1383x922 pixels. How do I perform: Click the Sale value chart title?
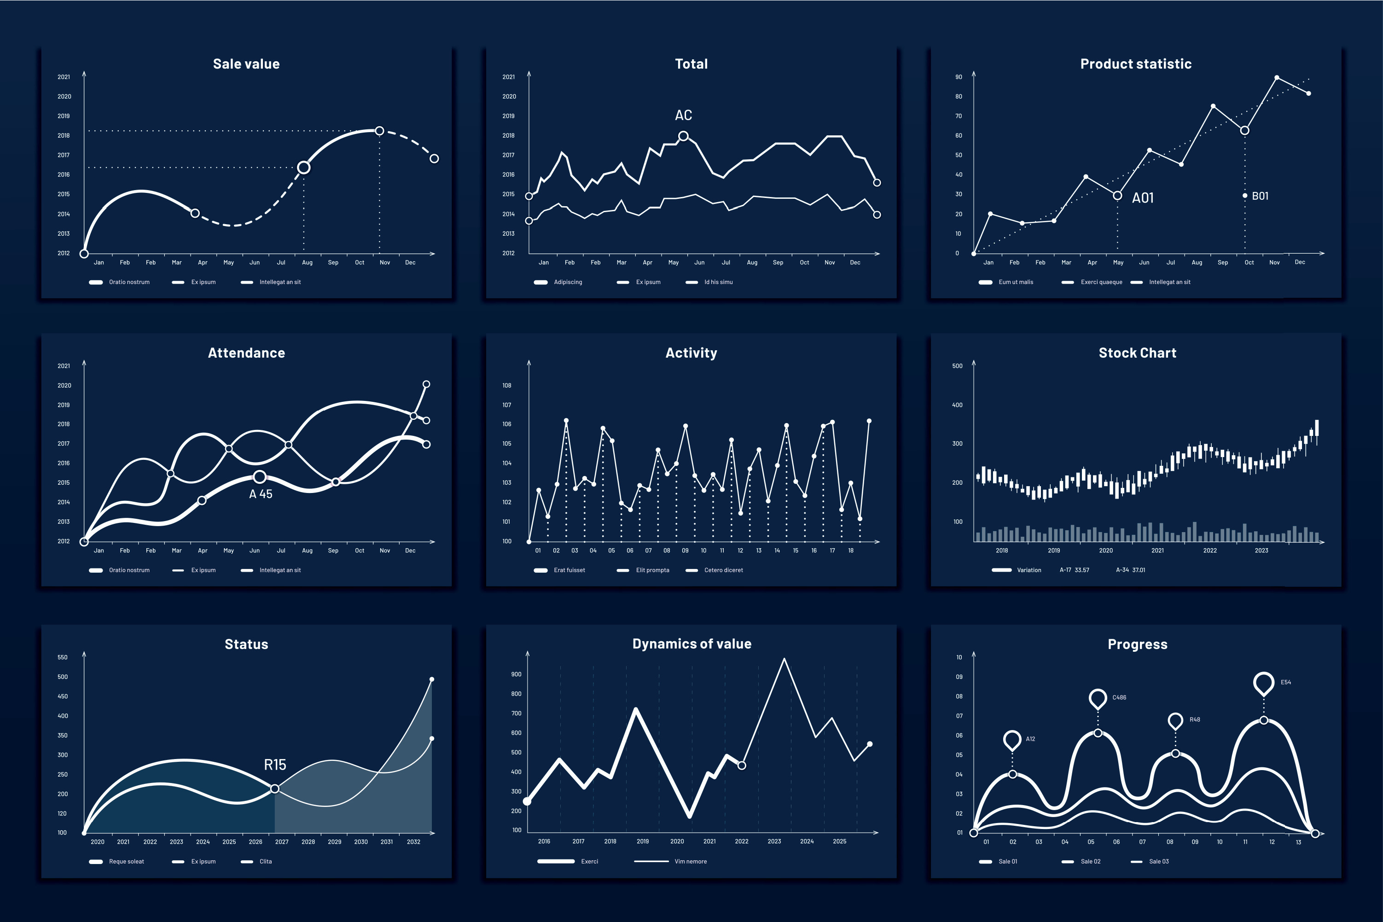point(246,64)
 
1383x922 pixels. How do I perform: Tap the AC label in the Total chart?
point(683,115)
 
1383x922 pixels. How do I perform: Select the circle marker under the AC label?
point(683,136)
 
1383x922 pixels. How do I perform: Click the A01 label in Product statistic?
point(1143,198)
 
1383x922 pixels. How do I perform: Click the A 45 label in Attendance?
point(261,494)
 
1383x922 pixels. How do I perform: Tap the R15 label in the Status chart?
point(274,765)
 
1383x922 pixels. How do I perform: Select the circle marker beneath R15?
point(274,789)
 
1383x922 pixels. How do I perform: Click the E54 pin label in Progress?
point(1285,683)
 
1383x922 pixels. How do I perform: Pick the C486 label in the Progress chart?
point(1119,698)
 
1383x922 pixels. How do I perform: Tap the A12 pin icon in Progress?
point(1012,740)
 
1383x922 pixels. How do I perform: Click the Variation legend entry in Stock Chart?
point(1029,570)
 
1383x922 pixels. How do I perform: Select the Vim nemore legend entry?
point(690,861)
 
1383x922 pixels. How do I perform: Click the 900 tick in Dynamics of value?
point(516,674)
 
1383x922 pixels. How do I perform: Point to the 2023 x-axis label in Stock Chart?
point(1261,551)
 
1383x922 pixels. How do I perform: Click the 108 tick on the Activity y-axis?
point(507,386)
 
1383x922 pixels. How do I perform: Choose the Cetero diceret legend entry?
point(723,570)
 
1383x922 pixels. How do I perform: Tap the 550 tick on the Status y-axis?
point(62,657)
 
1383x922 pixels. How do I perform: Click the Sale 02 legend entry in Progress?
point(1090,861)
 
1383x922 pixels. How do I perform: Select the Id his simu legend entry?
point(718,282)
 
